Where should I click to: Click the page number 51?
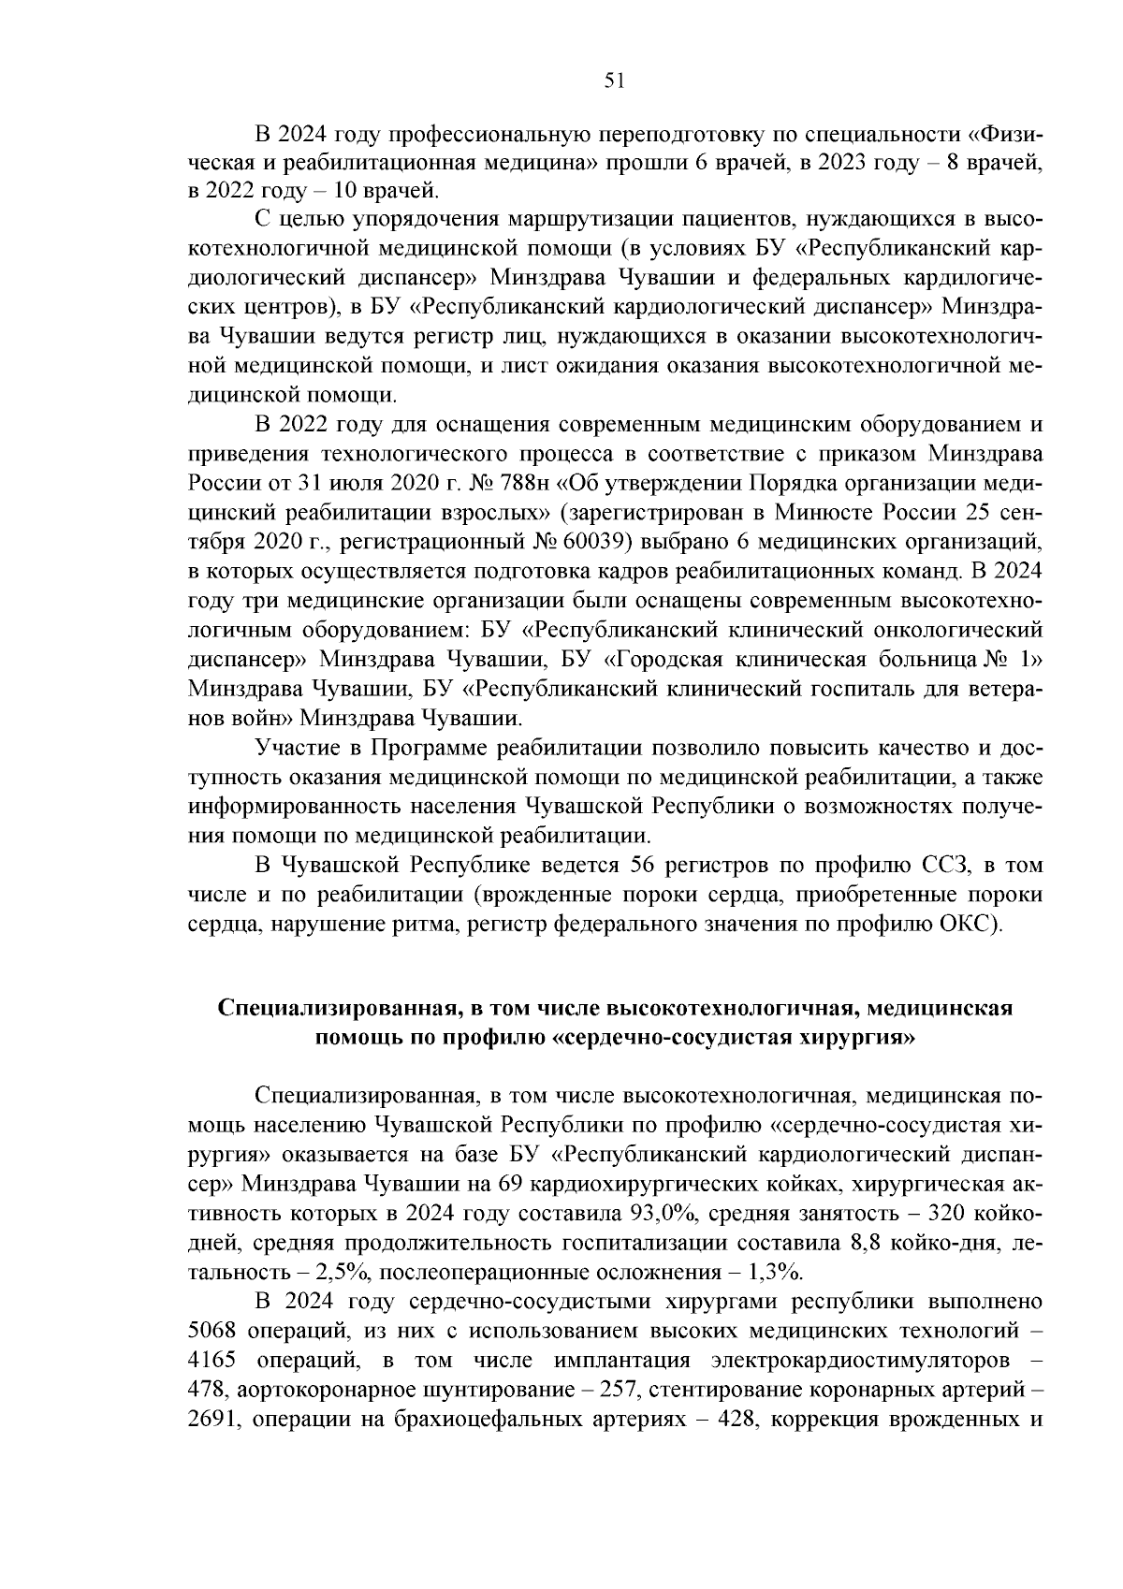(x=614, y=81)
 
